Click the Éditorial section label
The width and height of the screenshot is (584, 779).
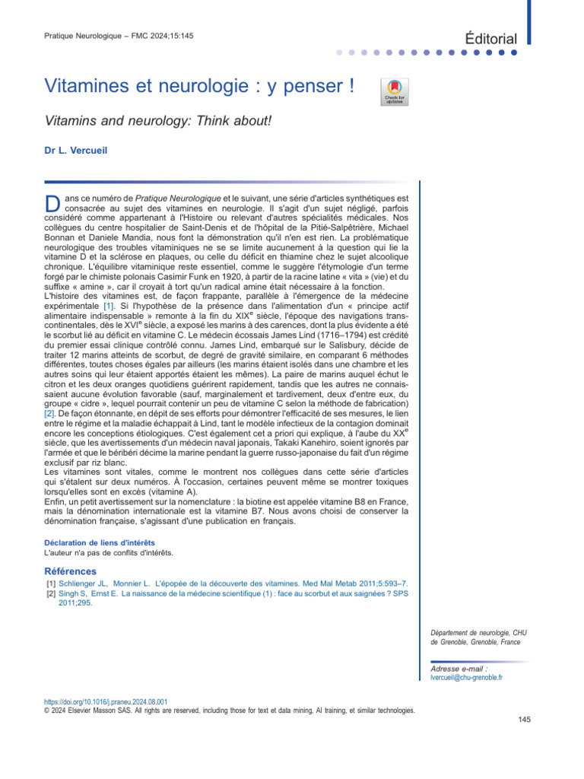pyautogui.click(x=491, y=39)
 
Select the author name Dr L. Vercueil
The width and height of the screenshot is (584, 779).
pyautogui.click(x=77, y=151)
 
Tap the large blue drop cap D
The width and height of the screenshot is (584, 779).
pyautogui.click(x=52, y=203)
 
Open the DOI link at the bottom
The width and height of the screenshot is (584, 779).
pyautogui.click(x=106, y=701)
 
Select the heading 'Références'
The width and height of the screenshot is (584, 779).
pyautogui.click(x=70, y=571)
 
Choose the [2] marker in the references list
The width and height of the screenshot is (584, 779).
pyautogui.click(x=52, y=594)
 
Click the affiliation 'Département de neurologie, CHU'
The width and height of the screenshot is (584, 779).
pyautogui.click(x=476, y=632)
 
